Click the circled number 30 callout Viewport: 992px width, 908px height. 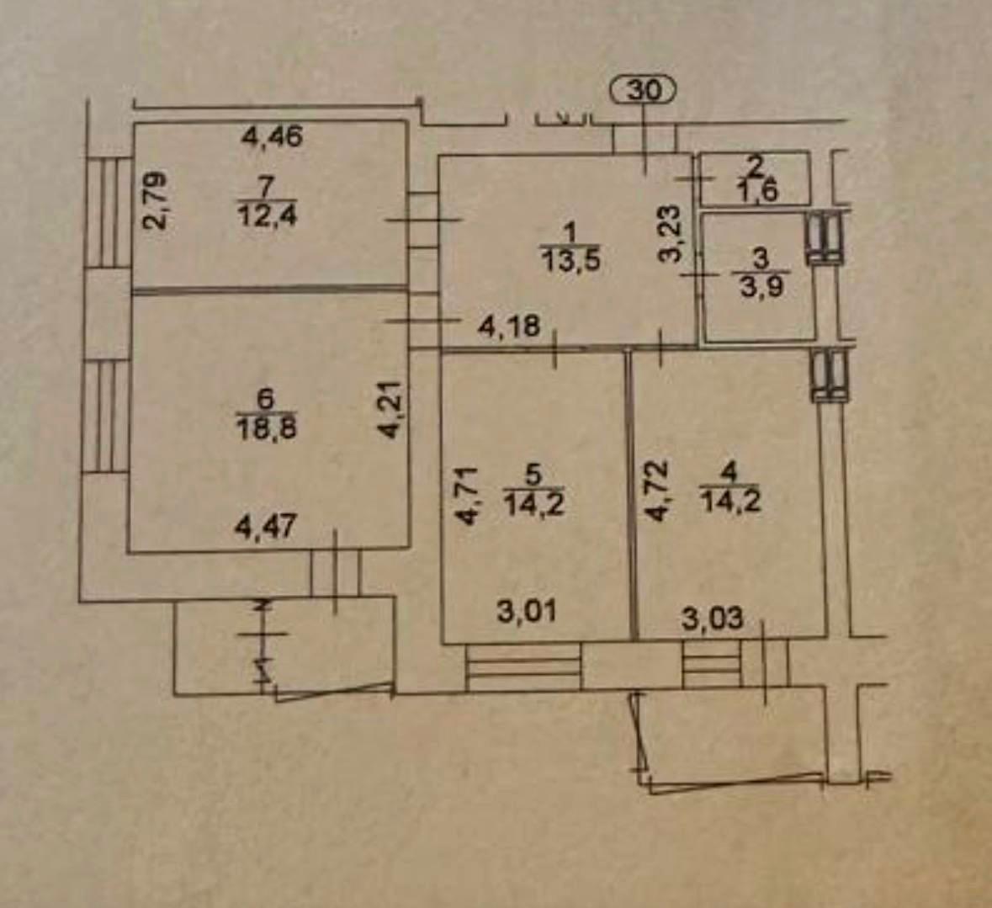[644, 91]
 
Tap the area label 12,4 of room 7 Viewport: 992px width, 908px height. [268, 216]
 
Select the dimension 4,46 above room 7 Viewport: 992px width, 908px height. [273, 136]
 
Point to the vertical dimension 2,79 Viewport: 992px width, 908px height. [154, 200]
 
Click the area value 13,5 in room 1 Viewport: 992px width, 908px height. [570, 259]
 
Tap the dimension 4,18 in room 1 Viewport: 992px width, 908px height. [509, 327]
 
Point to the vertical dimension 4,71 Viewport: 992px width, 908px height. [469, 496]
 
